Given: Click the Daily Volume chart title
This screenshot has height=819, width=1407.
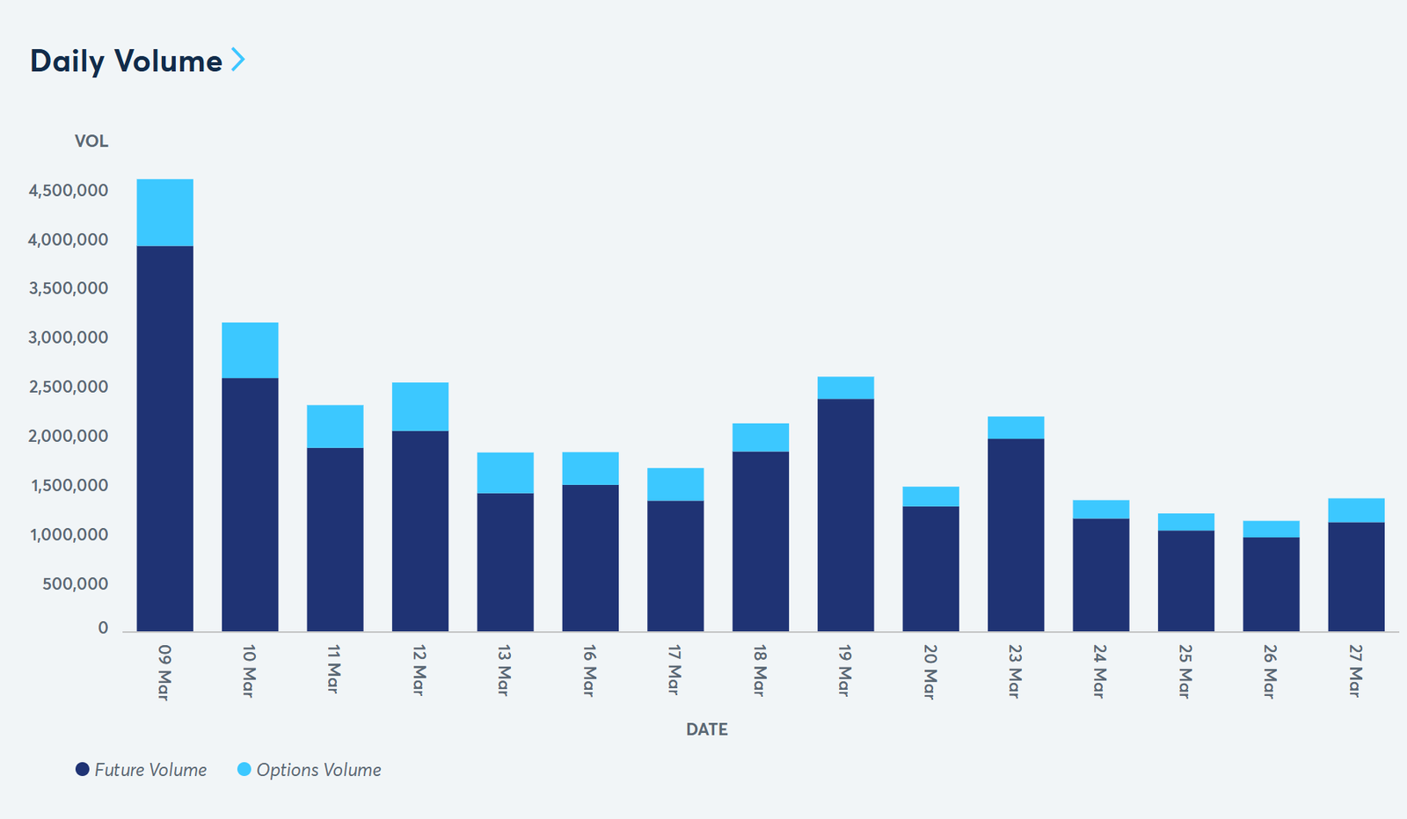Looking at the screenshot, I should tap(126, 61).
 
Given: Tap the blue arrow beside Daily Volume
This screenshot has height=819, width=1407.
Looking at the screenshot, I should tap(237, 60).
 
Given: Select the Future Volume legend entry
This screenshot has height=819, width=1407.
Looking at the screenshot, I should tap(142, 770).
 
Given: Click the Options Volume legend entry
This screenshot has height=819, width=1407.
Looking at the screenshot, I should tap(310, 770).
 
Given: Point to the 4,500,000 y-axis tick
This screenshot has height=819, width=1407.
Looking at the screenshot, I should tap(69, 191).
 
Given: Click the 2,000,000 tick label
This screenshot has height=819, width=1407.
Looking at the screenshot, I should tap(69, 437).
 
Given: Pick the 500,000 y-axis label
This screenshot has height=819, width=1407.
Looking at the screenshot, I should tap(75, 584).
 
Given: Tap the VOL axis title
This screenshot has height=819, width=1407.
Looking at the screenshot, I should tap(91, 141).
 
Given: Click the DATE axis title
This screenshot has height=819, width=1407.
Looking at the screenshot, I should tap(706, 729).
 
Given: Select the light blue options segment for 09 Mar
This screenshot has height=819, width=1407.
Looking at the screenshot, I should tap(165, 213).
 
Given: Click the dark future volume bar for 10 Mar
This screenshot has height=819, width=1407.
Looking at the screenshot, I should tap(250, 504).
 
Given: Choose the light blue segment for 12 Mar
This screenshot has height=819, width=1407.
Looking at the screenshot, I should tap(420, 407).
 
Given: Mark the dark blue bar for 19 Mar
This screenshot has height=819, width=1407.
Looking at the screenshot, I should tap(846, 515).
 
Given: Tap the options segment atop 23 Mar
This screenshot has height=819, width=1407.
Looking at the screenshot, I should tap(1016, 428).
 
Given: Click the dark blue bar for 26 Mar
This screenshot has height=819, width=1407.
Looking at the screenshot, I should tap(1271, 583).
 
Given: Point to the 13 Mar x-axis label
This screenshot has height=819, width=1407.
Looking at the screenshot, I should tap(504, 670).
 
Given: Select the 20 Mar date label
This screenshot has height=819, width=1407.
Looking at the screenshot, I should tap(929, 671).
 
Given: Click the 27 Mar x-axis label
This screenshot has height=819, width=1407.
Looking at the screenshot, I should tap(1355, 671).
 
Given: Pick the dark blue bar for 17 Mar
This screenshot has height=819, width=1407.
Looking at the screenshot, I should tap(675, 566).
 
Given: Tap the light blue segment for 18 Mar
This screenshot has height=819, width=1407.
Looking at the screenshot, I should tap(761, 438).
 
